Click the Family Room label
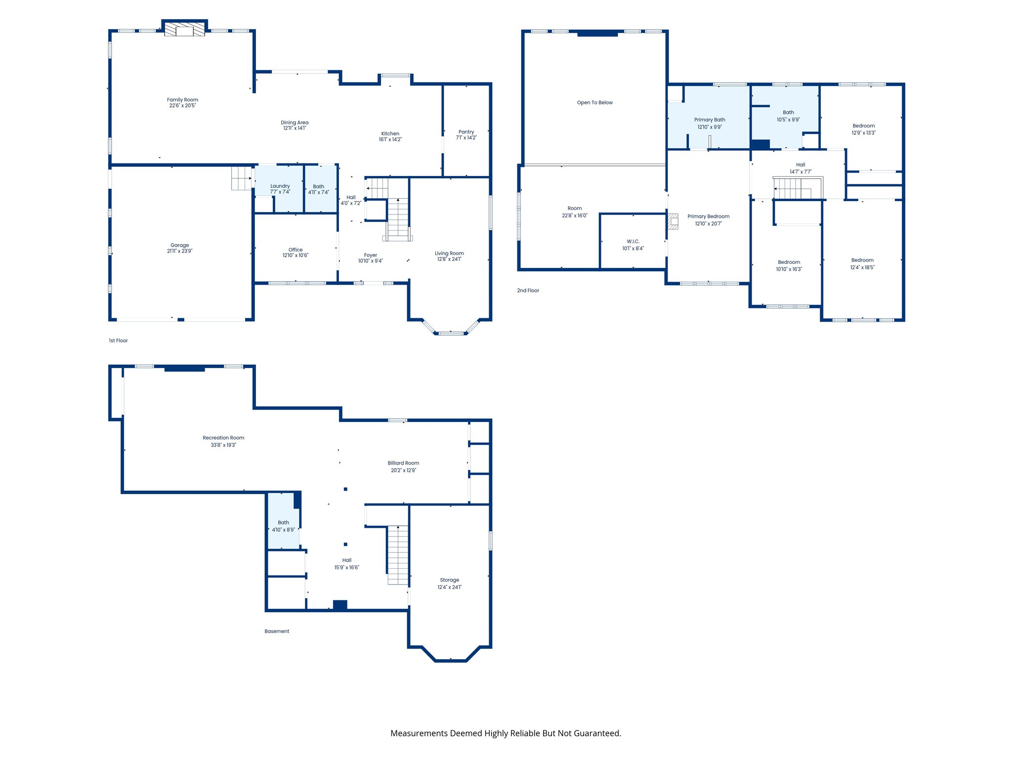182,100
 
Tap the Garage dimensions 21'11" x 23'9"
179,251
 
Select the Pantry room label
466,132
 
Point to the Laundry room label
280,186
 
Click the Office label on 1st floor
295,250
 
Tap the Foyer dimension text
370,261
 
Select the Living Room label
449,253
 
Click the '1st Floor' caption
118,340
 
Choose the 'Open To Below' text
594,103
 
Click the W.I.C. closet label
633,242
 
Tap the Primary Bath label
710,120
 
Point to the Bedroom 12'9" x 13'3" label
863,126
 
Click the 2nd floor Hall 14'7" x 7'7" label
801,165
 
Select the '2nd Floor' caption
528,291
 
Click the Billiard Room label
403,463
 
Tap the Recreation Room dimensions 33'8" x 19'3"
223,445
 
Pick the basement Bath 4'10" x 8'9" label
283,522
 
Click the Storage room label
449,580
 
